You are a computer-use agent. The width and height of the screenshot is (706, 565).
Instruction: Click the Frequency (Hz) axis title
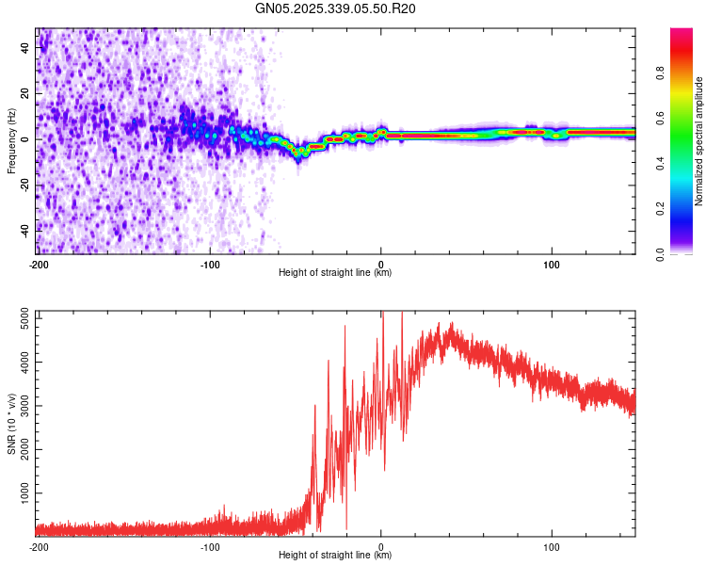coord(11,140)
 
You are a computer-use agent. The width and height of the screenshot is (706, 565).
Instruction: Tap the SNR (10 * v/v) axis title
coord(11,423)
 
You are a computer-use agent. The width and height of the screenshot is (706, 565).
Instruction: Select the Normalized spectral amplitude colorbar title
coord(699,141)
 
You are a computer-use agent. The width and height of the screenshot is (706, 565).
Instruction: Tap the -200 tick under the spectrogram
coord(38,264)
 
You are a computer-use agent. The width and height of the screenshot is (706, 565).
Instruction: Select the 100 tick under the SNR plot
coord(552,546)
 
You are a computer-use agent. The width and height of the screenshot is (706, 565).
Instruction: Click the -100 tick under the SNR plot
coord(209,546)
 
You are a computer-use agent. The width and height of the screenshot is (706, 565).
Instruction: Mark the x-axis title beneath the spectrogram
coord(335,272)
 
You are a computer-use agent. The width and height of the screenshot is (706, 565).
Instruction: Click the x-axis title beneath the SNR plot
coord(335,556)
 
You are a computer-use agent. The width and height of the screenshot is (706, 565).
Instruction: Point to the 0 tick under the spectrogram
coord(380,264)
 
